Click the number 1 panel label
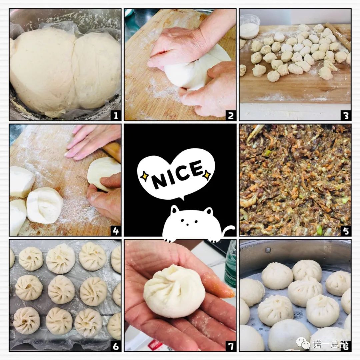116,115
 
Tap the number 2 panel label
231,115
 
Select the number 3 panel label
346,115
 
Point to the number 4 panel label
116,231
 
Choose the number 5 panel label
346,231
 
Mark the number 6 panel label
116,346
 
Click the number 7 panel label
231,346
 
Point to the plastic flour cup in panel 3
250,26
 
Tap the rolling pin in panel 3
338,36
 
